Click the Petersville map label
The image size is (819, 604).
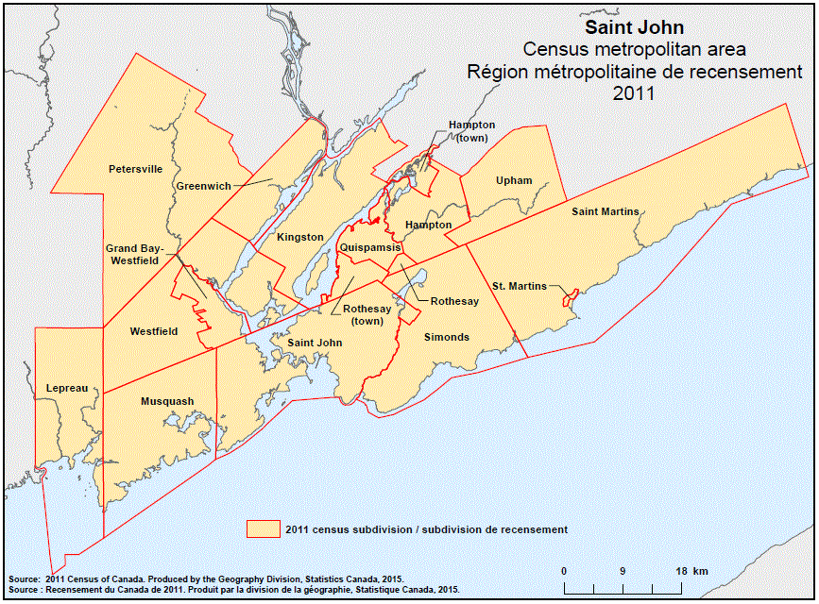coord(136,169)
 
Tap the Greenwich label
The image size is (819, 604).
coord(203,186)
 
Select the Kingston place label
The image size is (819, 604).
coord(300,237)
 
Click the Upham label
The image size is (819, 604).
coord(514,180)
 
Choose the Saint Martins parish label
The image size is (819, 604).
coord(606,211)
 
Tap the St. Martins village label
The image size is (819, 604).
coord(520,286)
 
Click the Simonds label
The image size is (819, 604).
coord(447,337)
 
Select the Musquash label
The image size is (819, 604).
coord(167,401)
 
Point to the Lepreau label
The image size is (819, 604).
coord(67,388)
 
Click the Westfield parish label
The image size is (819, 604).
coord(154,331)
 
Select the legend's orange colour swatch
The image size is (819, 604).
coord(263,529)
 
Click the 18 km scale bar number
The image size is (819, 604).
coord(687,571)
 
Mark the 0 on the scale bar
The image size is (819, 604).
coord(564,571)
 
